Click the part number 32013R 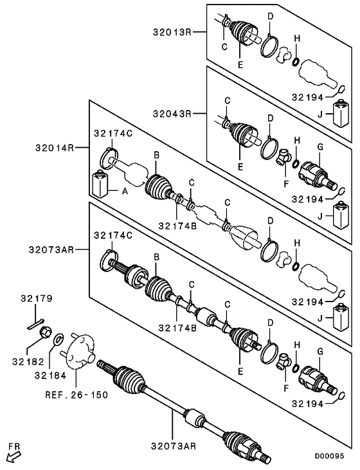click(173, 31)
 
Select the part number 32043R click(173, 114)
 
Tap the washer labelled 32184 click(59, 338)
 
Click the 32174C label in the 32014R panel click(112, 133)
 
